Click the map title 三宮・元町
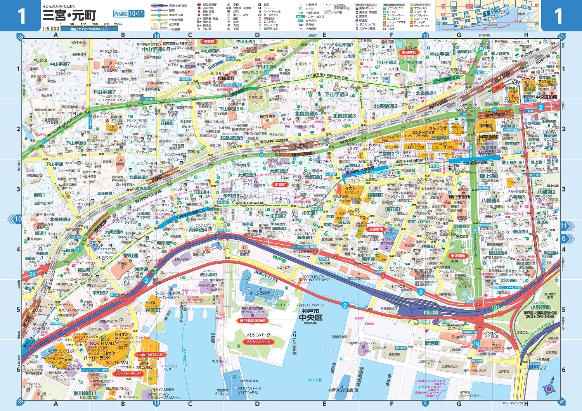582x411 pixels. (69, 16)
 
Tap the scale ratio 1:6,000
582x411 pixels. (51, 28)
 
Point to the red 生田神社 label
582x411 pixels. (409, 52)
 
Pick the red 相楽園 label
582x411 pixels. (208, 41)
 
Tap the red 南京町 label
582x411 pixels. (280, 185)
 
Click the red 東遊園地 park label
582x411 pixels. (457, 256)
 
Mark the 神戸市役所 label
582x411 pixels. (459, 197)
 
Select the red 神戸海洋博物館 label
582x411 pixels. (253, 321)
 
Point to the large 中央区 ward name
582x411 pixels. (310, 318)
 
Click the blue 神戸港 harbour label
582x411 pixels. (315, 380)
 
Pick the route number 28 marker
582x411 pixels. (32, 274)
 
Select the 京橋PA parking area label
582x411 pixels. (431, 312)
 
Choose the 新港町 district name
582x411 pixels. (432, 343)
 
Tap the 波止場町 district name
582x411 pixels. (208, 275)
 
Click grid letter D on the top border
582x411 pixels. (257, 35)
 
